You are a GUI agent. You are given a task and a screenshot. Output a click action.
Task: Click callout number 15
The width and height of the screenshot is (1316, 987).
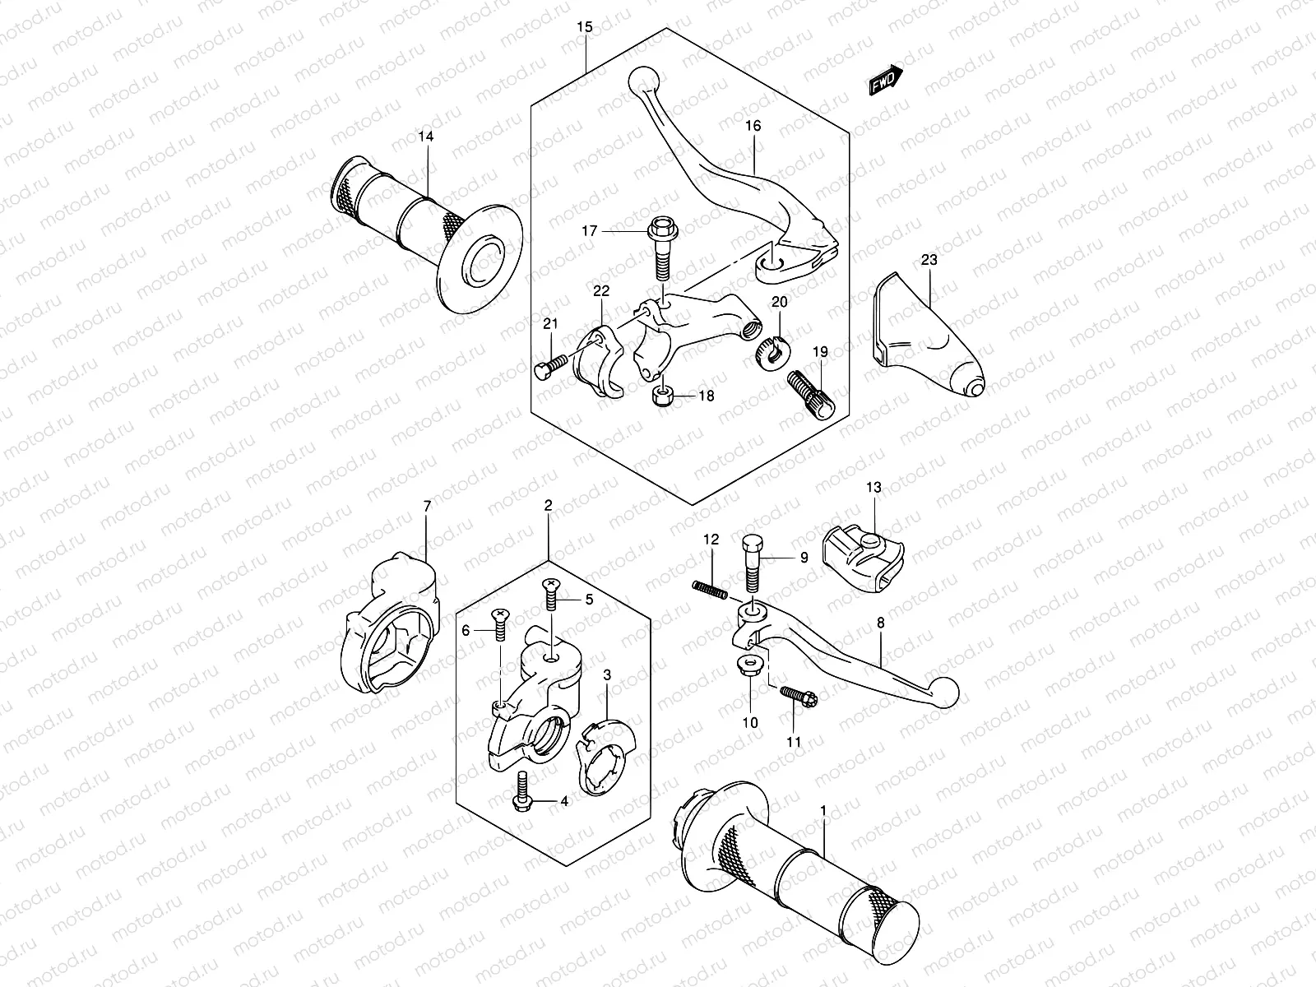point(585,27)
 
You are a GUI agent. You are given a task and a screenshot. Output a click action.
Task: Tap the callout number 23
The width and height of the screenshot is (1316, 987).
point(929,260)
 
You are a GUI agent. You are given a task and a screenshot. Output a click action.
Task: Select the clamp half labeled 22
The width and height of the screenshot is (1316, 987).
point(599,362)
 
